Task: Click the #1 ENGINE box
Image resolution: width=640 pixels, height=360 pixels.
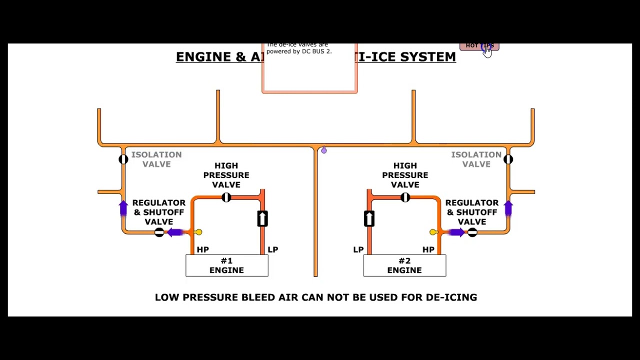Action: point(226,265)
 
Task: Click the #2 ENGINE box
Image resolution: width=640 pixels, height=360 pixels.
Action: point(404,265)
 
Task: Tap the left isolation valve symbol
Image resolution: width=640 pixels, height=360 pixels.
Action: point(123,159)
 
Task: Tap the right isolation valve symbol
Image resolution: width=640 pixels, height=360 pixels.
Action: point(508,159)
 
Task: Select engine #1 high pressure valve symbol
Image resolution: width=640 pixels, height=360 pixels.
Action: point(226,197)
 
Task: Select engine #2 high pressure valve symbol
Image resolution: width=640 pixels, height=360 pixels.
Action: point(405,197)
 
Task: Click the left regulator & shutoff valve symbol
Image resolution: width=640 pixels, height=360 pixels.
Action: point(159,232)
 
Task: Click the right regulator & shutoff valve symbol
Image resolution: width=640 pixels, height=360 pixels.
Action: point(472,232)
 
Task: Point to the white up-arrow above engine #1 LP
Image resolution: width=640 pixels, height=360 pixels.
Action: point(262,218)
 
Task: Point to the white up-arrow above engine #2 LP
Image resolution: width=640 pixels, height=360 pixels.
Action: point(369,218)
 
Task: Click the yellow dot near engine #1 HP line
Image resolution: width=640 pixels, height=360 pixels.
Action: point(198,232)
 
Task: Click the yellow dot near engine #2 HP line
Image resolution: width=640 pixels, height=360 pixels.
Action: point(432,232)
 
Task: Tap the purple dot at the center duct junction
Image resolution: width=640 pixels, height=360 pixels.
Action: point(324,150)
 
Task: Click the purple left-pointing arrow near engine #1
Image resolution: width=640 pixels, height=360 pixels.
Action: point(175,232)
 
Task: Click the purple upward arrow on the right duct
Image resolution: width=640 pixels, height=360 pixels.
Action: point(508,208)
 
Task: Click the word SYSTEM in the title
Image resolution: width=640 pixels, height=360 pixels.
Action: point(428,57)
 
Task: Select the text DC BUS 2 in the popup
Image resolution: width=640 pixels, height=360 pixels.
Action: point(316,51)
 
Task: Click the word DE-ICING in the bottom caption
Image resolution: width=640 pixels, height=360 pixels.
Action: point(451,297)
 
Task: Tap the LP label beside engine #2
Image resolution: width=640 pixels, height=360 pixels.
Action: point(358,249)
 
